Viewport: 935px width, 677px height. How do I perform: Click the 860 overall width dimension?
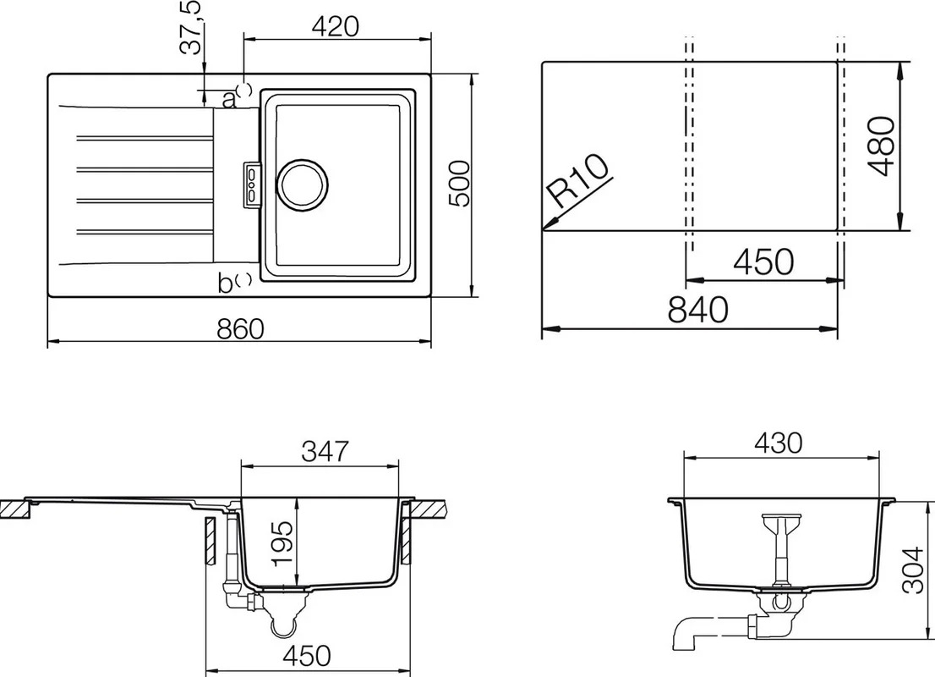pos(240,329)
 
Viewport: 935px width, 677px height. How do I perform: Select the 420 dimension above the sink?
pos(336,26)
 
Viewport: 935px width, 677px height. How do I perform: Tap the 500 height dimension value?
pos(460,184)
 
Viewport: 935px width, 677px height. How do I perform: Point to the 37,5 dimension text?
pos(192,28)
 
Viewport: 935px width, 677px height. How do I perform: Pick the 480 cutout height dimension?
pos(882,146)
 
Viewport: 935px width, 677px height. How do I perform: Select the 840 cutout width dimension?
pos(697,310)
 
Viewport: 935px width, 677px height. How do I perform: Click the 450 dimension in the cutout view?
pos(764,261)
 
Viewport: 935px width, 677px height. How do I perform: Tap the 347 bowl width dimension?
pos(325,451)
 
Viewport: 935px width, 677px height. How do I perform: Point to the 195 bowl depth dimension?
pos(282,543)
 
